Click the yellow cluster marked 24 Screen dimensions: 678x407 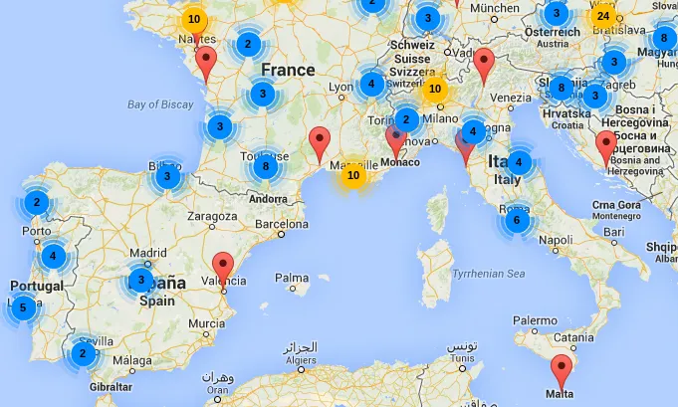point(602,16)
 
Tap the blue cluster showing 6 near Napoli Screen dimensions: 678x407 point(516,221)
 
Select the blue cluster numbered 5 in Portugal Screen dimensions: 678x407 point(23,308)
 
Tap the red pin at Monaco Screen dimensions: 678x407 point(396,142)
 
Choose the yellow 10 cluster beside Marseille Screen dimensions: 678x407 point(352,176)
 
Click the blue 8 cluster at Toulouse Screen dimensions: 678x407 point(264,166)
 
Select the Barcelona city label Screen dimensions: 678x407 point(284,224)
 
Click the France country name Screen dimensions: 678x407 point(287,70)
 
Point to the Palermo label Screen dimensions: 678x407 point(536,320)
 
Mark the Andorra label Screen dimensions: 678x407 point(269,199)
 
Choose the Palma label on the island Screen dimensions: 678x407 point(292,278)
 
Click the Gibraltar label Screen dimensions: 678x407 point(111,386)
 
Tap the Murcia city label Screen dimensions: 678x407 point(207,323)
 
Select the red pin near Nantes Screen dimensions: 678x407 point(206,64)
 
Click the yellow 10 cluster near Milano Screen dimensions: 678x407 point(434,89)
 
